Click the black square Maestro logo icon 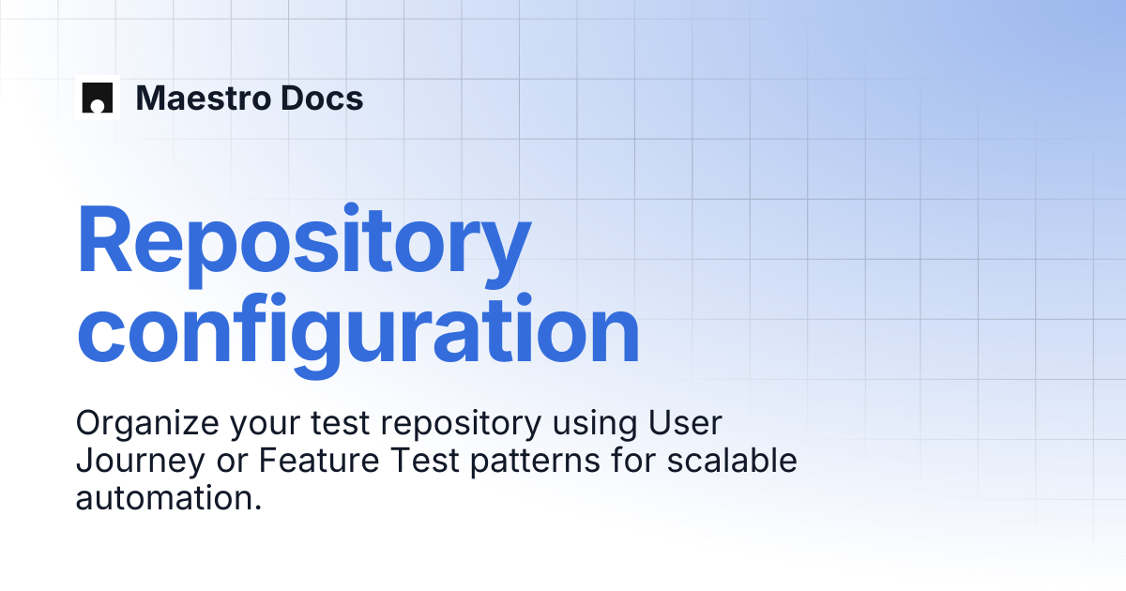pos(97,98)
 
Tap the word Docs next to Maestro pos(322,98)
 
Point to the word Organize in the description pos(147,424)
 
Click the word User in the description pos(685,423)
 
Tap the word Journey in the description pos(140,462)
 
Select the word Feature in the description pos(319,461)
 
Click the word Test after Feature pos(425,461)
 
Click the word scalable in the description pos(732,460)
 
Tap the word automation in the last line pos(164,498)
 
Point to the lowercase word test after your pos(341,424)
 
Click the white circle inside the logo pos(97,106)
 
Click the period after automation pos(258,508)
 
